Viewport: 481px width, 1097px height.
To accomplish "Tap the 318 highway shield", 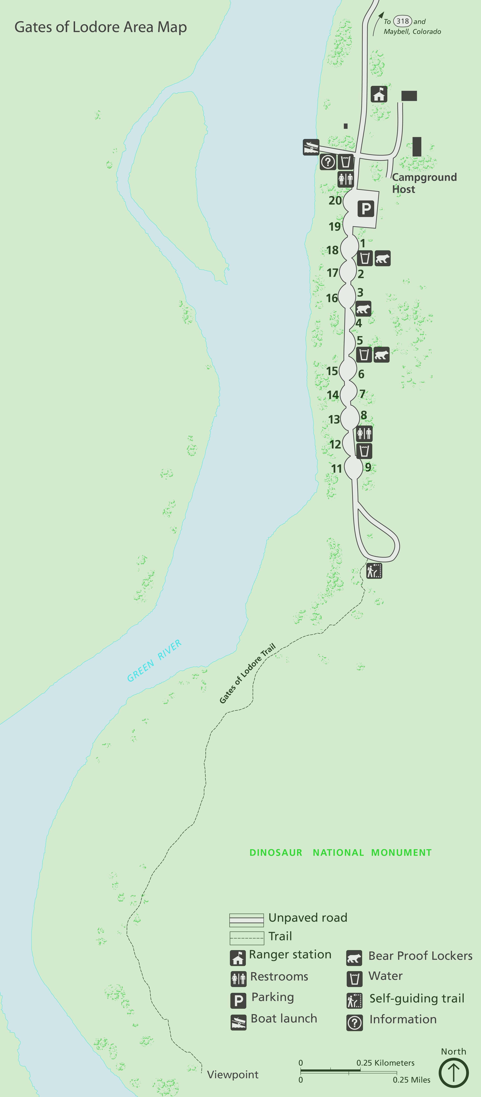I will pyautogui.click(x=402, y=21).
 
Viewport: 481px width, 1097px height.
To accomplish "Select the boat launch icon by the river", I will pyautogui.click(x=311, y=147).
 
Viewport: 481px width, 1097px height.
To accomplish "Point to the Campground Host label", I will pyautogui.click(x=424, y=183).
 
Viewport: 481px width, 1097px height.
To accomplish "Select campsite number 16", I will pyautogui.click(x=332, y=298).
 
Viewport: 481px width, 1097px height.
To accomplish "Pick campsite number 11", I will pyautogui.click(x=337, y=469).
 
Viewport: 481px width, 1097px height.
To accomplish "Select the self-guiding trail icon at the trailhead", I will pyautogui.click(x=374, y=571).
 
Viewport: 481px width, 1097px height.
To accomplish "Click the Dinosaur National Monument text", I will pyautogui.click(x=340, y=853).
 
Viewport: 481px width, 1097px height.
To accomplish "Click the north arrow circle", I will pyautogui.click(x=454, y=1072).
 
